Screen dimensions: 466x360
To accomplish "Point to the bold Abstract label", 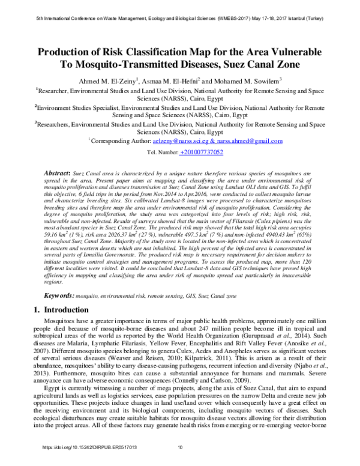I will pos(59,172).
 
